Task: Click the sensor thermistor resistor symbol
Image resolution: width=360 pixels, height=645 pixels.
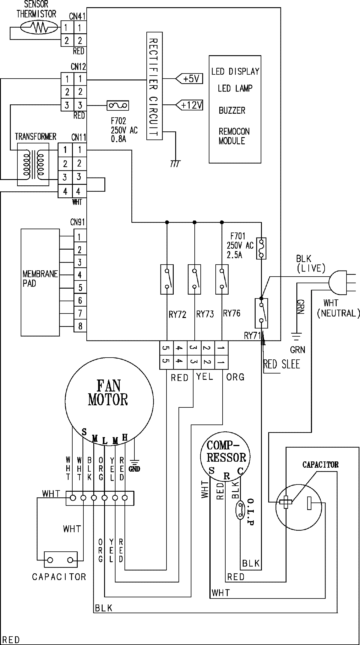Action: pyautogui.click(x=38, y=28)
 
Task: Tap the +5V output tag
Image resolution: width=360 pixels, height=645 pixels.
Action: pyautogui.click(x=189, y=79)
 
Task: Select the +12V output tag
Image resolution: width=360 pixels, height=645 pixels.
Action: pyautogui.click(x=189, y=105)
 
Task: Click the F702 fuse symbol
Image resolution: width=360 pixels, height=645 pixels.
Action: pyautogui.click(x=118, y=105)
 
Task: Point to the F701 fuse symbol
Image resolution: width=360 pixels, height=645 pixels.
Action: pyautogui.click(x=262, y=248)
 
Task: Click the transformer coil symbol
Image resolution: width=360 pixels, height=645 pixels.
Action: pyautogui.click(x=33, y=165)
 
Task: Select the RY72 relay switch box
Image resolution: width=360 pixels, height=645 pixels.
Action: pyautogui.click(x=167, y=279)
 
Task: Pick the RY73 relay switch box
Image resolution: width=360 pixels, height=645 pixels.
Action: pyautogui.click(x=194, y=279)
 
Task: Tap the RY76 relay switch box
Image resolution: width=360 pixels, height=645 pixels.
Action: pyautogui.click(x=222, y=279)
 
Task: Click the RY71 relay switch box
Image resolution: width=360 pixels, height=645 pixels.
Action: pyautogui.click(x=261, y=313)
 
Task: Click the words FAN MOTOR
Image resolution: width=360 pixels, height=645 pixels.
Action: pyautogui.click(x=108, y=393)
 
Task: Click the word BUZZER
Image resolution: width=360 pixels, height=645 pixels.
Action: pyautogui.click(x=232, y=110)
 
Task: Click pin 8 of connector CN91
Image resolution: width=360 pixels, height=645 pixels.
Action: pyautogui.click(x=80, y=326)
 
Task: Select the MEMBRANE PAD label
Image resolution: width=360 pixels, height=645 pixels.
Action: pyautogui.click(x=40, y=279)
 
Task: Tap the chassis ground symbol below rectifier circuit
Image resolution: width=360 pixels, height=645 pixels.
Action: pyautogui.click(x=175, y=163)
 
